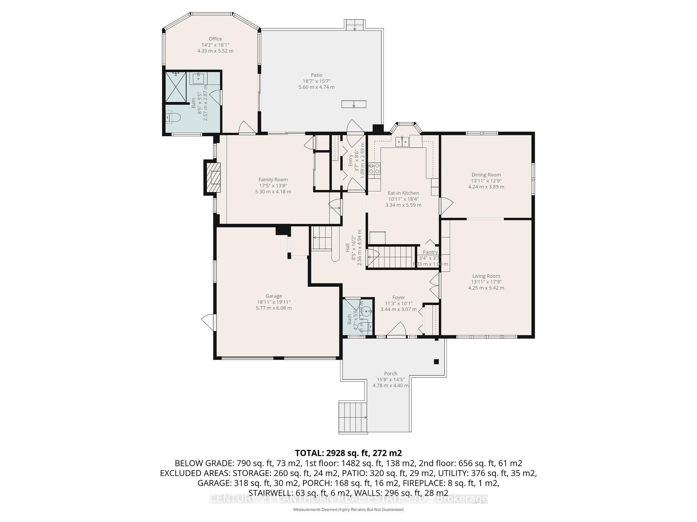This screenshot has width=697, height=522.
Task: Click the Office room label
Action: [x=215, y=39]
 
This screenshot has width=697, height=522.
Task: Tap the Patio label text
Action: [x=317, y=75]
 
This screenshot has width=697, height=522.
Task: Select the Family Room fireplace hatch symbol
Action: [x=213, y=177]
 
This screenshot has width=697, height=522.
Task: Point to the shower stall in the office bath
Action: [x=176, y=87]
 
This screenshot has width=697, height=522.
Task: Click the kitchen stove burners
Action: [x=374, y=168]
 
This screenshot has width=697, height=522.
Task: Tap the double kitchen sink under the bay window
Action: [x=402, y=141]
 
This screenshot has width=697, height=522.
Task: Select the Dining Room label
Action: [x=486, y=175]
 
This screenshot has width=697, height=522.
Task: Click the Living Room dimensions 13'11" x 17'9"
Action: [x=486, y=282]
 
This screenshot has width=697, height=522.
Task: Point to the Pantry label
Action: [x=430, y=252]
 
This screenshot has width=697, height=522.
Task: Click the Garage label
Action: [x=274, y=296]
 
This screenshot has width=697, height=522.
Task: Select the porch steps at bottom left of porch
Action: [x=352, y=417]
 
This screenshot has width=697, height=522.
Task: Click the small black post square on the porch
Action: [x=436, y=362]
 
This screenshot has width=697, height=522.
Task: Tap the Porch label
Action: [x=391, y=374]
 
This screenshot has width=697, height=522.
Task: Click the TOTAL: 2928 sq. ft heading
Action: [x=348, y=453]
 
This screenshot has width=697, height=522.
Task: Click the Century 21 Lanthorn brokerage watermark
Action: [x=348, y=499]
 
